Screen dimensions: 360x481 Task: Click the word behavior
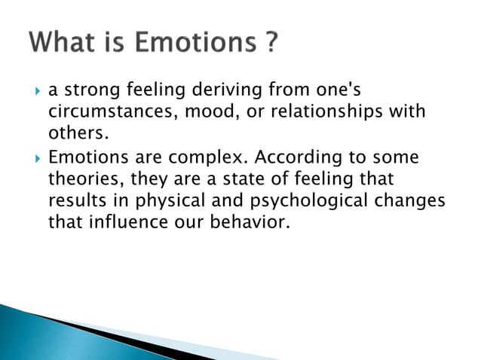click(x=249, y=223)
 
